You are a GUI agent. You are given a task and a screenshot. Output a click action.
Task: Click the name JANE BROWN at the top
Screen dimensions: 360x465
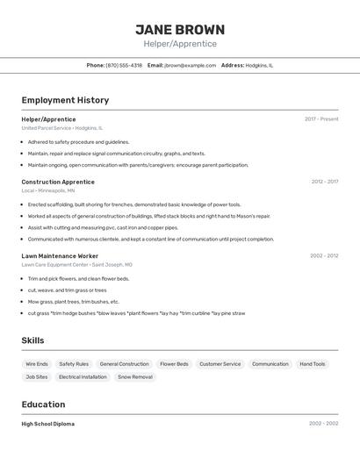coord(180,29)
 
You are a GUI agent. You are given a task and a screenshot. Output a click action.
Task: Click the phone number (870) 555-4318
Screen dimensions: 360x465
coord(124,65)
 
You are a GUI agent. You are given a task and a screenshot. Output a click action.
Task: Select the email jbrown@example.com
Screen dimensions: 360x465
coord(190,65)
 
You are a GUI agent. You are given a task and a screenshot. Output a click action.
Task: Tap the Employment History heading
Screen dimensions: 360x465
coord(65,100)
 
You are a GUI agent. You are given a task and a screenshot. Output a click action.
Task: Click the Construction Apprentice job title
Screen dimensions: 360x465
coord(58,182)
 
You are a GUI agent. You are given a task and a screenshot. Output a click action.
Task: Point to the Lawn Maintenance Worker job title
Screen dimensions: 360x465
coord(60,255)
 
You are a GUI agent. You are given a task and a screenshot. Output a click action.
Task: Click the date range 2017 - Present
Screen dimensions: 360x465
coord(321,118)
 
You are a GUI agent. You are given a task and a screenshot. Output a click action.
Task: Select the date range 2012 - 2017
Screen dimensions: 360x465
coord(324,182)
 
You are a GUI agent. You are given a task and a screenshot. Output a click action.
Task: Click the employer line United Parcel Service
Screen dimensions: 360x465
coord(61,127)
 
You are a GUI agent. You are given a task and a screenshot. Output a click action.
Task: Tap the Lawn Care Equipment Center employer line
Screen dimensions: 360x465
coord(76,264)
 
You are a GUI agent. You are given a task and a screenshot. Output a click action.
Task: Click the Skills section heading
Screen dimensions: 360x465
coord(32,340)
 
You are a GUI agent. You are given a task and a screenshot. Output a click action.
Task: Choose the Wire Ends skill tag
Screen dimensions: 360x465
coord(37,363)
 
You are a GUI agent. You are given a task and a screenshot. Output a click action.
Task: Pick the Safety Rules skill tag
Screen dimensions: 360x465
coord(74,363)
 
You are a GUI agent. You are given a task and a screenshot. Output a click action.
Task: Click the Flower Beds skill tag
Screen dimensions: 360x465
coord(174,363)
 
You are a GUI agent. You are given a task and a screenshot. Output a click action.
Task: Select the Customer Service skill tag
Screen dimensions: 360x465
coord(220,363)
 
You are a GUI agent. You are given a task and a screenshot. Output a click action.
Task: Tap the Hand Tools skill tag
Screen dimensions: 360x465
coord(312,363)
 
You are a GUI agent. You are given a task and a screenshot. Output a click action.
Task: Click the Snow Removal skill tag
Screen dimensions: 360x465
coord(135,376)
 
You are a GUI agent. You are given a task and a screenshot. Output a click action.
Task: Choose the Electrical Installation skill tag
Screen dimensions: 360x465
coord(83,376)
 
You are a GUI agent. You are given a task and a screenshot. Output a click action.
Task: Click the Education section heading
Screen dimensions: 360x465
coord(43,404)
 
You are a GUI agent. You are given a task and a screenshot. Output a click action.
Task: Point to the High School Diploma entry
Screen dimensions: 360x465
coord(48,424)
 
